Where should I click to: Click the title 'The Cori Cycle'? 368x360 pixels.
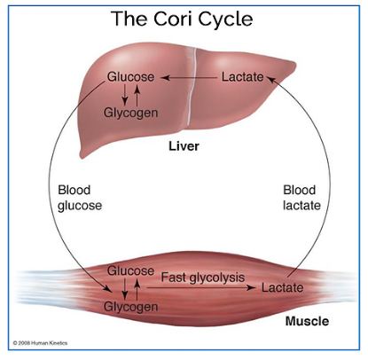click(182, 19)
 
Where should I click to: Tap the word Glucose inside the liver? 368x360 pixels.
click(130, 77)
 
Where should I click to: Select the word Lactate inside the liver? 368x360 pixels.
click(243, 77)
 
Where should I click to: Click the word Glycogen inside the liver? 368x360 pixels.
click(130, 113)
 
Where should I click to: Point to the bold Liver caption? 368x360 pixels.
click(184, 146)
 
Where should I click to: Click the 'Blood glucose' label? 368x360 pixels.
click(80, 198)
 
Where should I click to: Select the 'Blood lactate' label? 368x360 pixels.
click(301, 198)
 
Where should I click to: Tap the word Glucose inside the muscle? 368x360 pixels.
click(130, 270)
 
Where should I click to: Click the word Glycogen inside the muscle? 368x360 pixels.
click(130, 307)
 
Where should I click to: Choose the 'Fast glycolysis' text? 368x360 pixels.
click(203, 278)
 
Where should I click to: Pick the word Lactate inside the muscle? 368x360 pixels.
click(282, 287)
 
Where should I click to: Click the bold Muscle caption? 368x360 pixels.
click(307, 321)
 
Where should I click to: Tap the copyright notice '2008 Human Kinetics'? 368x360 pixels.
click(40, 343)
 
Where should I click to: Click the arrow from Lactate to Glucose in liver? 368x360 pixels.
click(189, 78)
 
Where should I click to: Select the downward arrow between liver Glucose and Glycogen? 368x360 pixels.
click(125, 95)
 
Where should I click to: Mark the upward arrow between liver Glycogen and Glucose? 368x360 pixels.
click(137, 95)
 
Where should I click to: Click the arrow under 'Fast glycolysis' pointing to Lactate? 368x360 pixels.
click(201, 287)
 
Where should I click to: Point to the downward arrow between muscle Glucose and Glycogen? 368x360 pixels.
click(125, 289)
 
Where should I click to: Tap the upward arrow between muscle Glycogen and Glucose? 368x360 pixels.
click(137, 289)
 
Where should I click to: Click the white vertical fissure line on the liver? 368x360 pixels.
click(192, 86)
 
